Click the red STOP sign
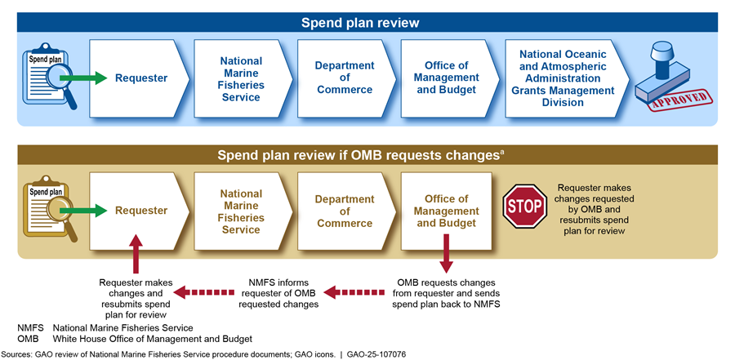524,207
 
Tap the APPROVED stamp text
679,100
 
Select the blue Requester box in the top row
140,78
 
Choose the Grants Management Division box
567,78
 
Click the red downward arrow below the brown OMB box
446,253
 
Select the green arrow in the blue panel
83,78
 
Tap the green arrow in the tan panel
83,210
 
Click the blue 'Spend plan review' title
360,23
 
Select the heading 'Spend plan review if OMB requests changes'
360,155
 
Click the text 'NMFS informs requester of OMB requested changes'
278,293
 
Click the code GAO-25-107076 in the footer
376,354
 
